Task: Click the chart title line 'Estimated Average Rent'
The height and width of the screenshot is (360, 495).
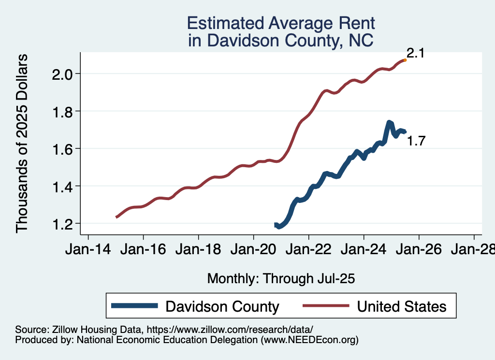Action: (x=281, y=23)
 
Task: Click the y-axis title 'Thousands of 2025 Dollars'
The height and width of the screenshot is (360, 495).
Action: (x=23, y=143)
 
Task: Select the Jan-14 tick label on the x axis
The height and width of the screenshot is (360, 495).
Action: (x=88, y=250)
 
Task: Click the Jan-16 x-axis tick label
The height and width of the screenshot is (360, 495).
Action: (x=143, y=250)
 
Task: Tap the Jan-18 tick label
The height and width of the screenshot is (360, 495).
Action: (x=198, y=250)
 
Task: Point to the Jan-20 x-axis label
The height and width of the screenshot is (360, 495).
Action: (x=253, y=250)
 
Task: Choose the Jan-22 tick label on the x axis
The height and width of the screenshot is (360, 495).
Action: (x=308, y=250)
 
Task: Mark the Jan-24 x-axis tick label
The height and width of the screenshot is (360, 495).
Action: (x=364, y=250)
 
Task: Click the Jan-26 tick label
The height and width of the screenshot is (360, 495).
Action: (x=419, y=250)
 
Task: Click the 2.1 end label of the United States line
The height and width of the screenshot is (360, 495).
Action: (x=415, y=53)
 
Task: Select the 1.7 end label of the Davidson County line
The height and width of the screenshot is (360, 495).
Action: (x=416, y=142)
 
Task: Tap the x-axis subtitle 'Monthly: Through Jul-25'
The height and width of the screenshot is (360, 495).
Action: (x=281, y=278)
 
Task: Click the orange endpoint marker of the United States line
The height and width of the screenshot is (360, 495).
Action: (x=405, y=60)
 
